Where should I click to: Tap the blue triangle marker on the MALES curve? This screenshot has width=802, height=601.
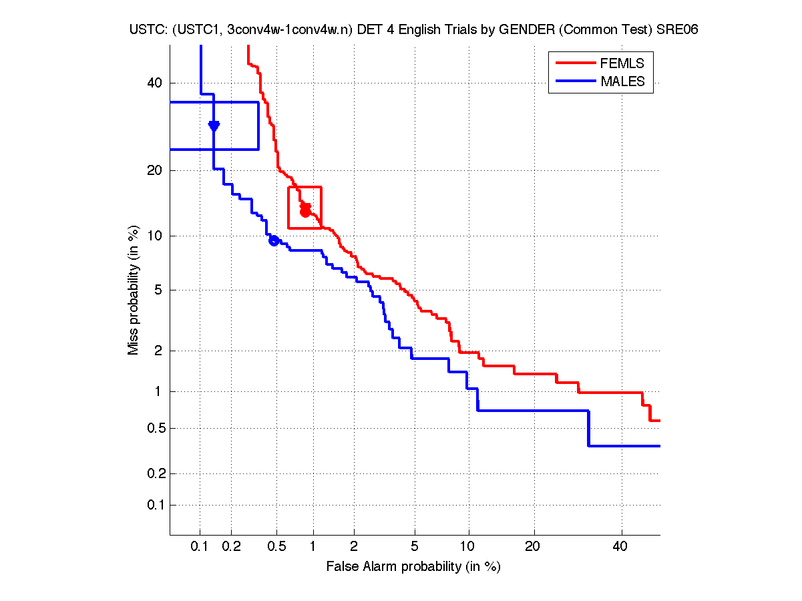pos(214,126)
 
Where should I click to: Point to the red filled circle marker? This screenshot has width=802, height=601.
pos(306,212)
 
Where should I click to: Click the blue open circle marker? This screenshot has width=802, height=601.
pos(274,240)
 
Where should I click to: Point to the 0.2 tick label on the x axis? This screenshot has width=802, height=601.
pos(231,547)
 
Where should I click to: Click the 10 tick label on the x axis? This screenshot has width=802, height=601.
pos(468,547)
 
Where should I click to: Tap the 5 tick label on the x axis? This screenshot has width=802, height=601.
pos(415,547)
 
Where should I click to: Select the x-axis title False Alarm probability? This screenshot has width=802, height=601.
pos(413,567)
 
